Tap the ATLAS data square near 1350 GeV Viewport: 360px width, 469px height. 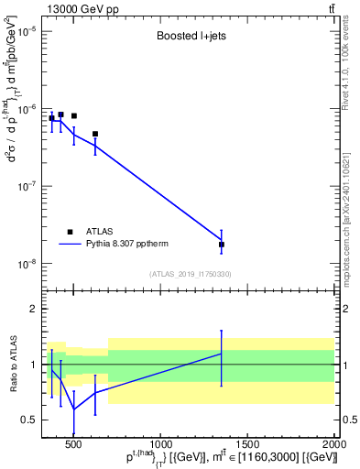click(222, 245)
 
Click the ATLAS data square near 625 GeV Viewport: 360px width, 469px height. click(95, 134)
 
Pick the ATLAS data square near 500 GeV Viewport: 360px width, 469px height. click(73, 116)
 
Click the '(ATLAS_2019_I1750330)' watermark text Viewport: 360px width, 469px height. click(191, 274)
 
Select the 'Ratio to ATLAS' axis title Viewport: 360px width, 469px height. click(12, 365)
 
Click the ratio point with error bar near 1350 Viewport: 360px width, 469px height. click(222, 354)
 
